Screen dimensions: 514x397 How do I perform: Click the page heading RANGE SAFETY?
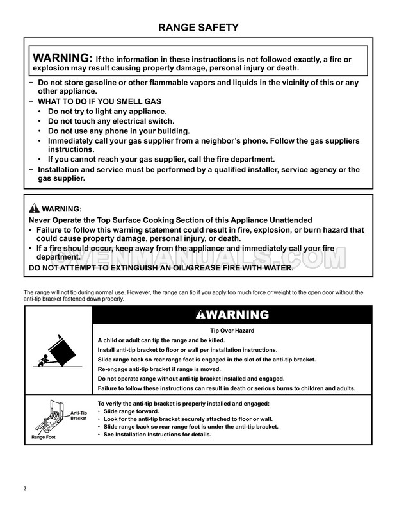199,28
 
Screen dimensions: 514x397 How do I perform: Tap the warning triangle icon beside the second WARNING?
34,209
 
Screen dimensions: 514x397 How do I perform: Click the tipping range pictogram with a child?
58,350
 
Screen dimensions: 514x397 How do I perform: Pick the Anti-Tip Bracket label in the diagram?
78,415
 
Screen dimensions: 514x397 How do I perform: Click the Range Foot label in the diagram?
44,437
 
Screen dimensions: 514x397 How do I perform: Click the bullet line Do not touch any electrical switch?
111,121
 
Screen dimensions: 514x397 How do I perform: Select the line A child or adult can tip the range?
160,340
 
